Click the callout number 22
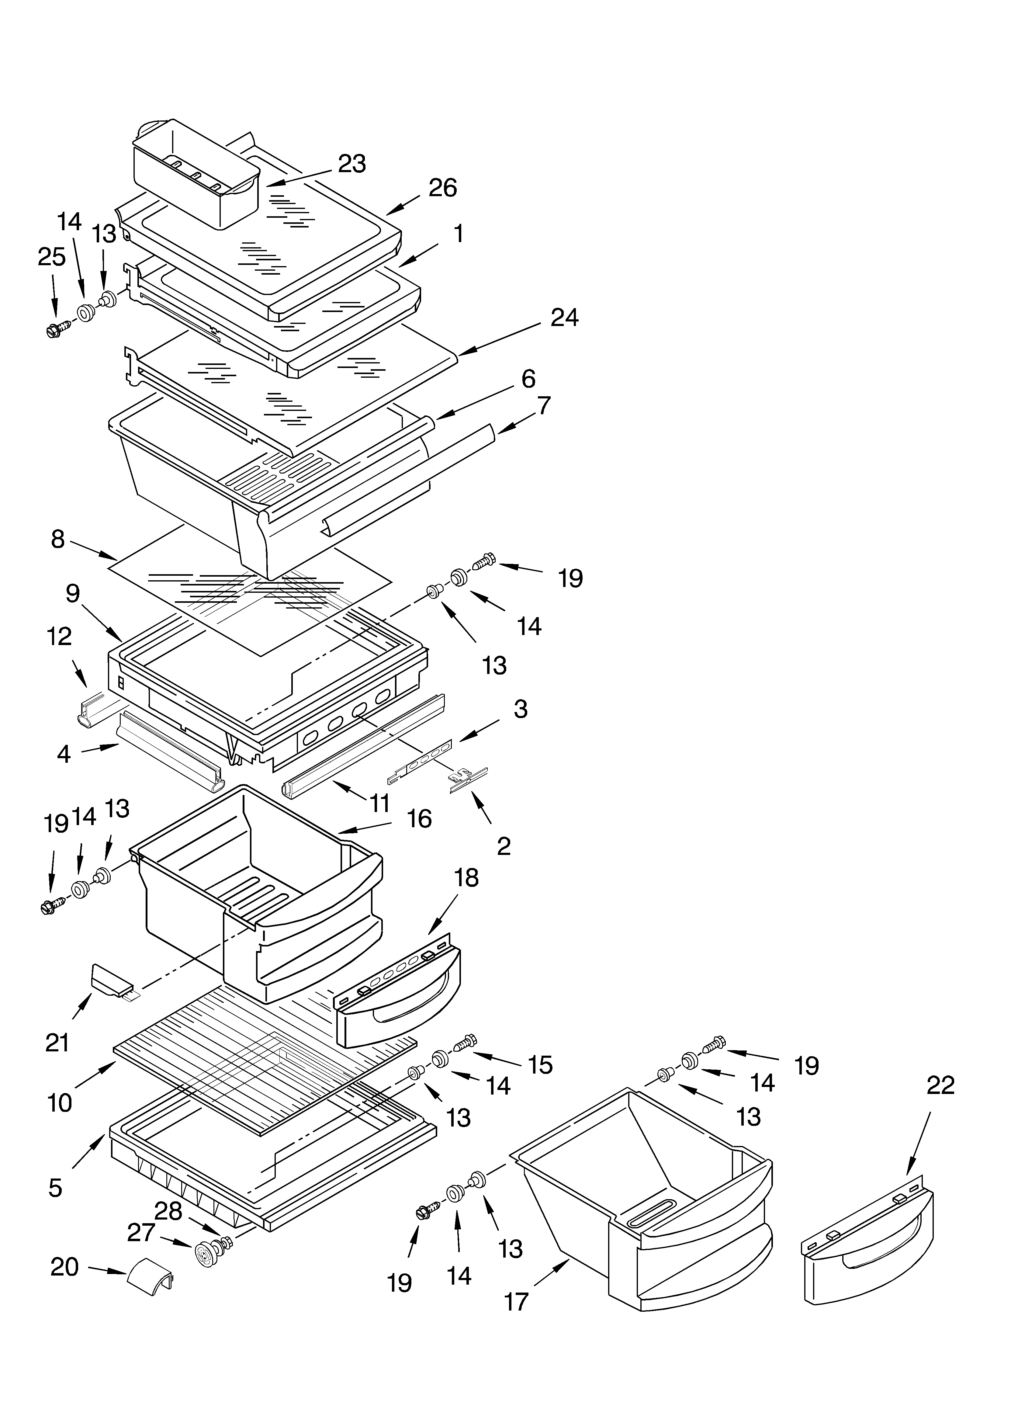coord(940,1085)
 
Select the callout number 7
coord(543,405)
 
